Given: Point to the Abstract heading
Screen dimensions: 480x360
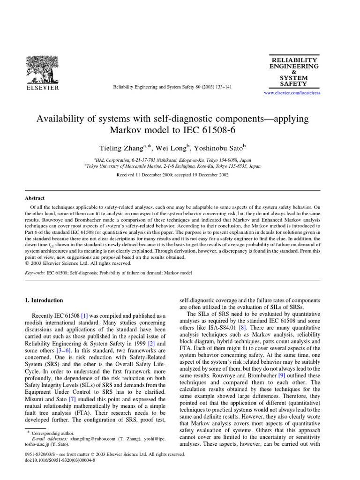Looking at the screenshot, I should click(x=36, y=198).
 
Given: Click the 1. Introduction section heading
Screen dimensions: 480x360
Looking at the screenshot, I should click(x=44, y=300).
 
